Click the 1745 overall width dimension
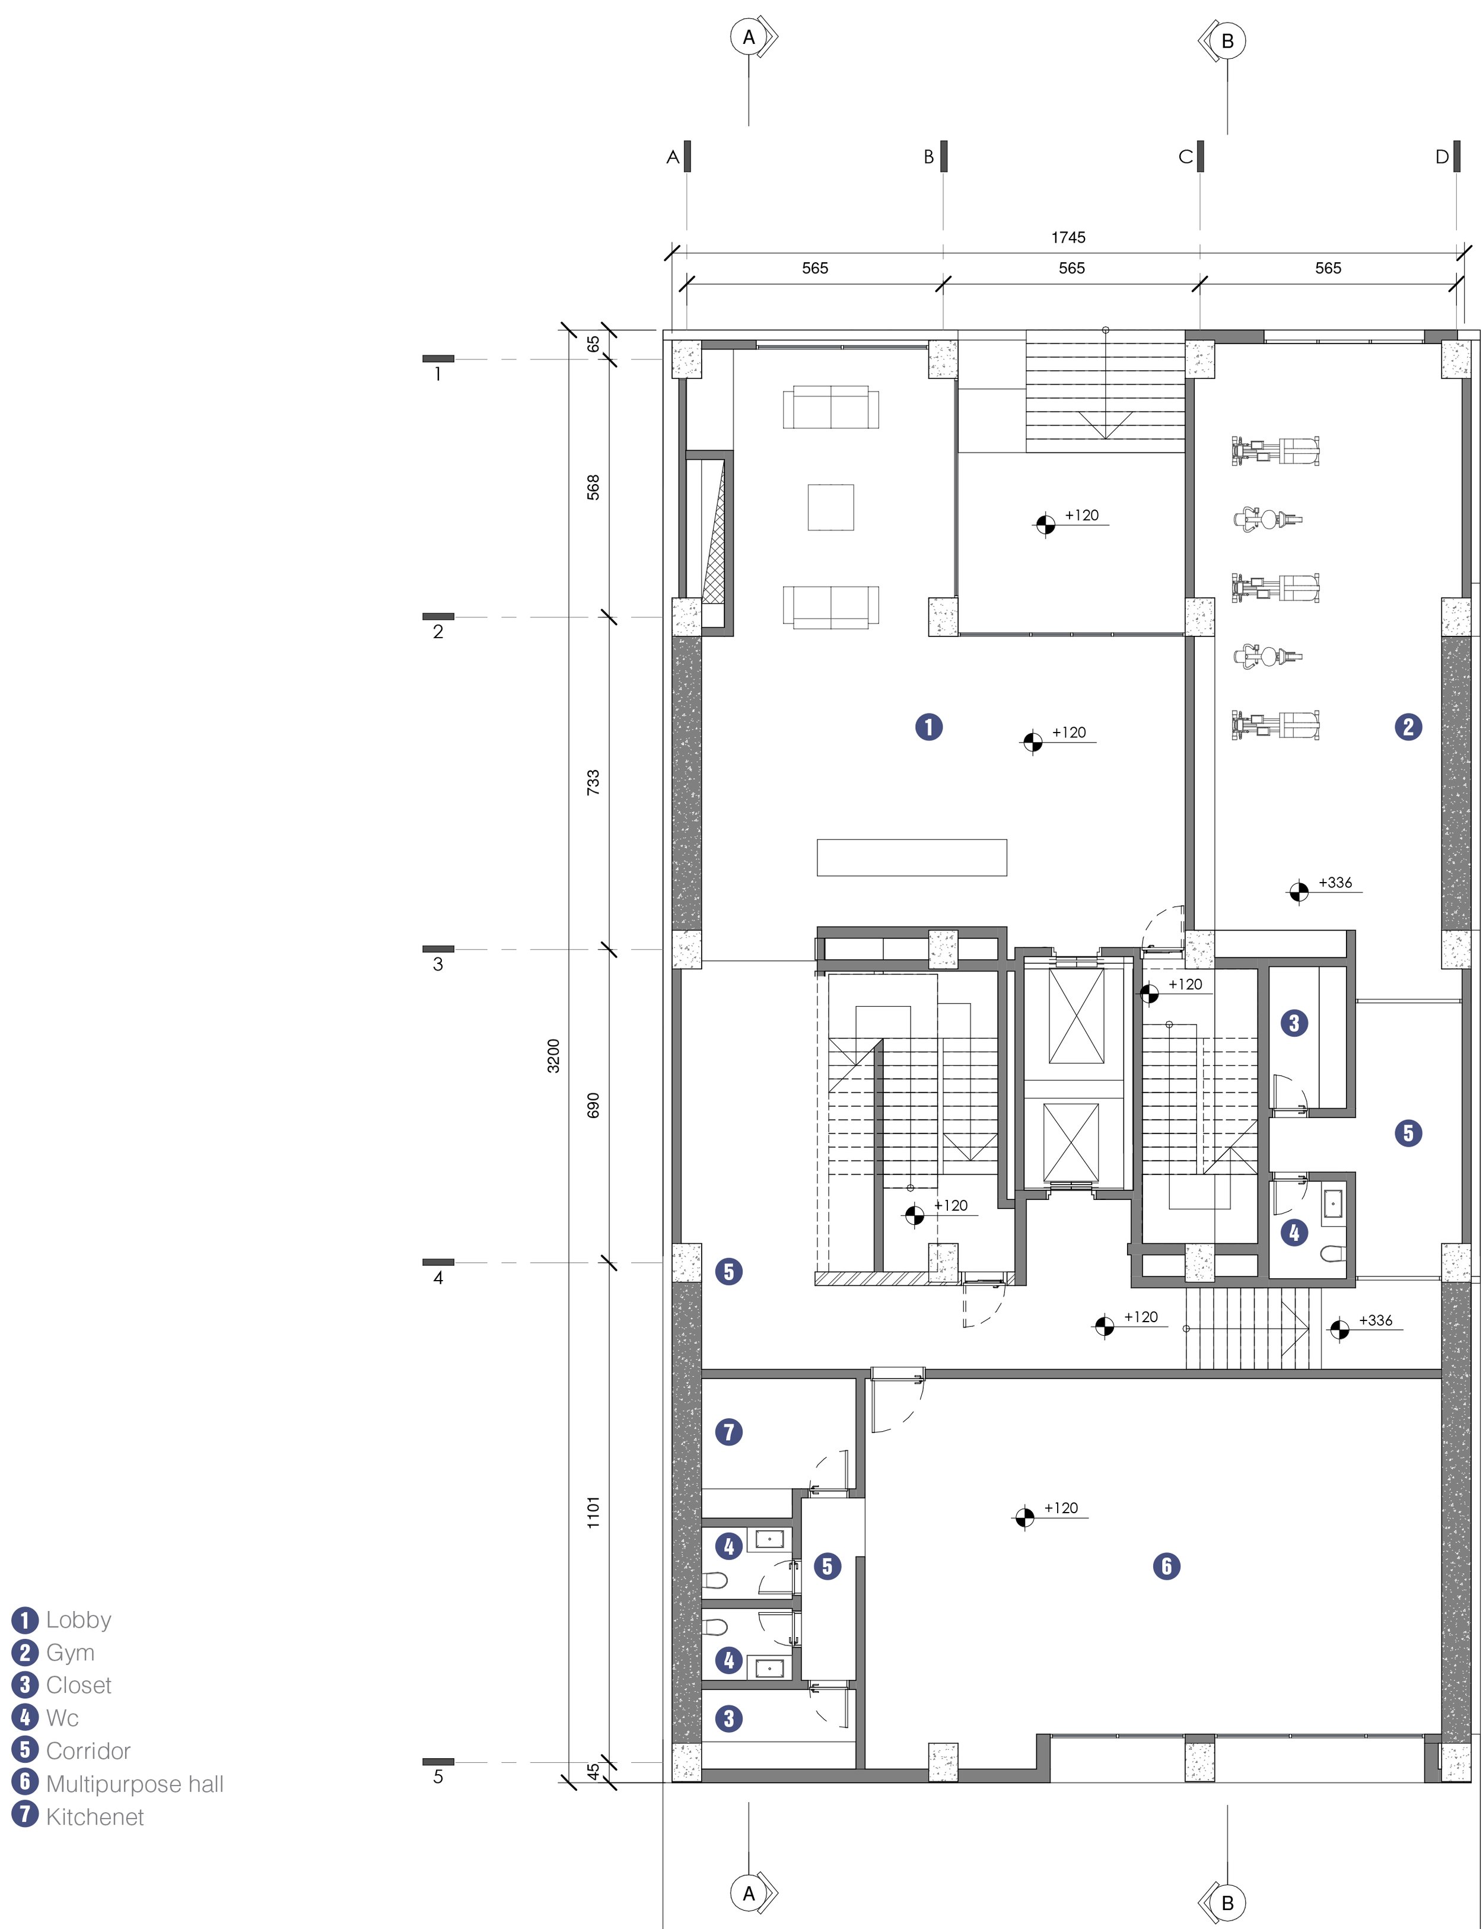pos(1068,237)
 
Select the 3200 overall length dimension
pos(553,1056)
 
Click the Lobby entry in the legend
pos(62,1620)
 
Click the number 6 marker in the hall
pos(1166,1566)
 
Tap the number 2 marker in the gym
pos(1408,727)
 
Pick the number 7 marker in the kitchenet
pos(728,1432)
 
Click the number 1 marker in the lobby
pos(928,727)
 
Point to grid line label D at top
pos(1441,157)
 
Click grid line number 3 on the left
pos(438,964)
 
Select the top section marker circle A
pos(749,37)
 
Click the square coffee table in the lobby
pos(830,507)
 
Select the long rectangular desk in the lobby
pos(912,857)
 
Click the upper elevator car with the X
pos(1076,1016)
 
